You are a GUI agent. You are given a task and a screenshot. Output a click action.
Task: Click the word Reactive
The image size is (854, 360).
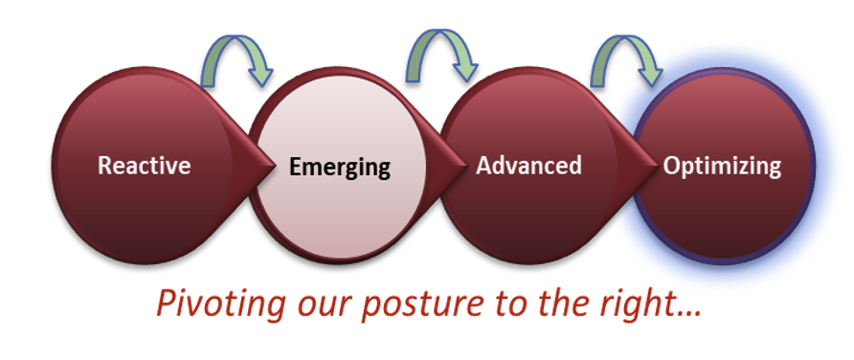pos(145,165)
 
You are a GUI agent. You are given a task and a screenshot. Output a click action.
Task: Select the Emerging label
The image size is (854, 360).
pos(340,168)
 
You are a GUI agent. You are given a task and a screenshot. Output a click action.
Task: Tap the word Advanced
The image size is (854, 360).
pos(528,165)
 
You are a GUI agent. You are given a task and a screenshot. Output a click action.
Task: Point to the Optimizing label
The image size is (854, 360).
pos(722,166)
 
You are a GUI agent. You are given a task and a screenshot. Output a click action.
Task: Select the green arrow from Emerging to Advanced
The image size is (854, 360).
pos(439,34)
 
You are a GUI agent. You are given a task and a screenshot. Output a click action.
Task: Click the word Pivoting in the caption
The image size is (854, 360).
pos(220,304)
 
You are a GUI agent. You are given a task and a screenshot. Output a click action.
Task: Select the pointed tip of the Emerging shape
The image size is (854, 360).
pos(467,166)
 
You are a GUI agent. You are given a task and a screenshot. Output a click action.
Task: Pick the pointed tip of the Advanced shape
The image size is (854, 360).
pos(660,166)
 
